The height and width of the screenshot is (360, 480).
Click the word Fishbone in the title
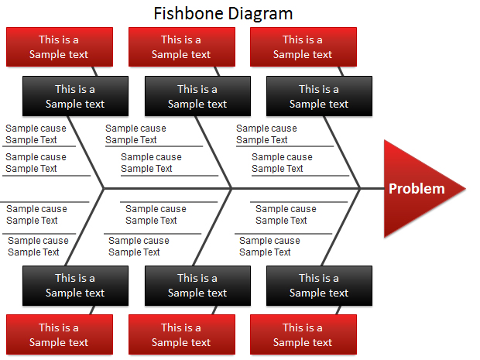[x=189, y=13]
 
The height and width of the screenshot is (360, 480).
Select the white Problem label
[x=417, y=189]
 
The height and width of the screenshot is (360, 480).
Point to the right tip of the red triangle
[x=465, y=189]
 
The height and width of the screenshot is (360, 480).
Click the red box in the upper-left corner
[x=60, y=46]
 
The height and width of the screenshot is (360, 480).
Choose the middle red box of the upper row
[x=182, y=46]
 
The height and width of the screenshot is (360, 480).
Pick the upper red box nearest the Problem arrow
[x=303, y=46]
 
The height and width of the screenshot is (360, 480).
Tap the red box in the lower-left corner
[x=60, y=334]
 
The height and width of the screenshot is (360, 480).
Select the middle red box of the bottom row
[x=182, y=334]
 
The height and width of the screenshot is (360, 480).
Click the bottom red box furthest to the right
[x=303, y=334]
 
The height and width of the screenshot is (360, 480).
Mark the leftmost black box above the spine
[x=75, y=96]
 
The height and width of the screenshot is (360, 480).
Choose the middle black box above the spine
[x=197, y=96]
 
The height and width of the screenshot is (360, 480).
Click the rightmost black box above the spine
[x=319, y=96]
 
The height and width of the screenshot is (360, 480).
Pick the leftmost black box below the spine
[x=75, y=286]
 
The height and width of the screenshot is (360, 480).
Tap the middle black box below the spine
[x=197, y=286]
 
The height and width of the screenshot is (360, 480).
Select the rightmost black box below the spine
[x=319, y=286]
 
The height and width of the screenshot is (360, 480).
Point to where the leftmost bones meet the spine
[x=104, y=189]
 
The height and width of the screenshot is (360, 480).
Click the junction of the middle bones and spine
[x=231, y=189]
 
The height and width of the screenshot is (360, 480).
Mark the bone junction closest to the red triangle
[x=360, y=189]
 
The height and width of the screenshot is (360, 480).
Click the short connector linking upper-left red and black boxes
[x=94, y=71]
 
